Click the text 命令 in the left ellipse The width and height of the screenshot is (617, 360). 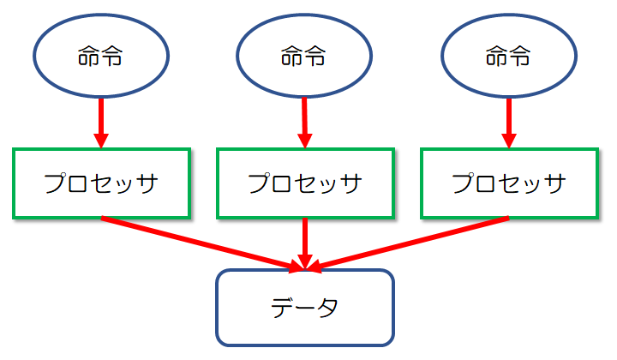point(100,58)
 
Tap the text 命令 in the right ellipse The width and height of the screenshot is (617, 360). point(508,58)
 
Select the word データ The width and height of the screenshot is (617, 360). point(304,306)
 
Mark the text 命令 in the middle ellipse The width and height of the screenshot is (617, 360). point(304,58)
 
